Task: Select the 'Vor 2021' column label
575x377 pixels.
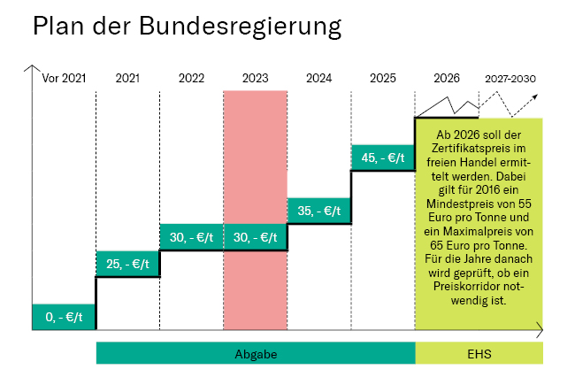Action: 64,78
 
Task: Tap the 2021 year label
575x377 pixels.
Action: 127,78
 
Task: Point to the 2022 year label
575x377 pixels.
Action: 191,78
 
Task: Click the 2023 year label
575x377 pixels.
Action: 255,78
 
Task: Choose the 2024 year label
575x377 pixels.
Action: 318,78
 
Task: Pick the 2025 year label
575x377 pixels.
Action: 383,78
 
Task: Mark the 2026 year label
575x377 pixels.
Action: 447,78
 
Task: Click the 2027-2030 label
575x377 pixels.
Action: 510,78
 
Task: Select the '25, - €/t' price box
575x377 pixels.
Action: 127,264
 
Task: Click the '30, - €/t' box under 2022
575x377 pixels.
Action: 191,237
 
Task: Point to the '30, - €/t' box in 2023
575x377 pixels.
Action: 255,237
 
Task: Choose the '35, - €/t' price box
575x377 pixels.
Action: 319,211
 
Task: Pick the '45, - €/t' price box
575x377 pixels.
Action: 383,158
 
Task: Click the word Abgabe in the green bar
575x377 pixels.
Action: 256,354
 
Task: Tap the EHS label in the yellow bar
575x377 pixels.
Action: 479,354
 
